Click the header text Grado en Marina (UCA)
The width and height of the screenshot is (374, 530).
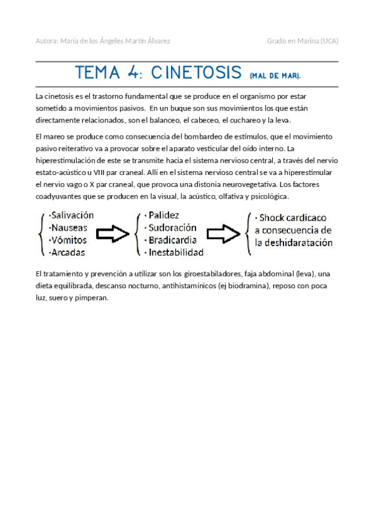coord(302,41)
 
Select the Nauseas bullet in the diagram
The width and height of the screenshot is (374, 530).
coord(69,227)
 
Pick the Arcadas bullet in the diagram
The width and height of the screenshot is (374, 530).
coord(68,252)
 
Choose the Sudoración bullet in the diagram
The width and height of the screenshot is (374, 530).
coord(172,227)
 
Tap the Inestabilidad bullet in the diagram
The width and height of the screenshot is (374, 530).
coord(177,252)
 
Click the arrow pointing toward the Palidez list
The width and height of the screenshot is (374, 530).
coord(112,234)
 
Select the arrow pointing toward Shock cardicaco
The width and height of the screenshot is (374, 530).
coord(223,234)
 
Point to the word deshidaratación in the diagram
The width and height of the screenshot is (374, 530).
coord(300,243)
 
